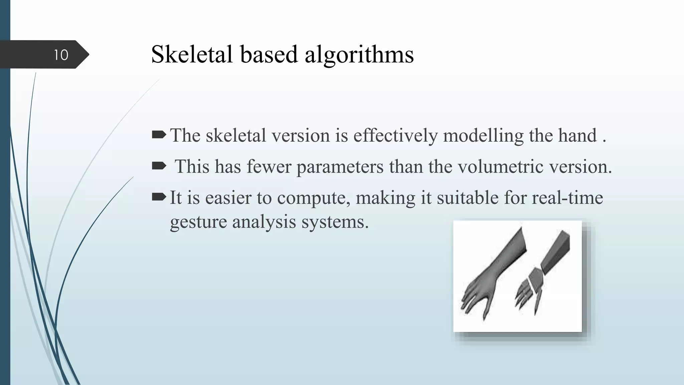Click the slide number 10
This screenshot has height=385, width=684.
tap(61, 55)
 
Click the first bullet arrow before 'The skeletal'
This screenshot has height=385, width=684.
tap(159, 135)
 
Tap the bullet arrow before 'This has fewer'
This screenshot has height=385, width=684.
tap(159, 165)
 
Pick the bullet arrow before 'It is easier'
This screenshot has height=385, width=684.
tap(159, 197)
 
